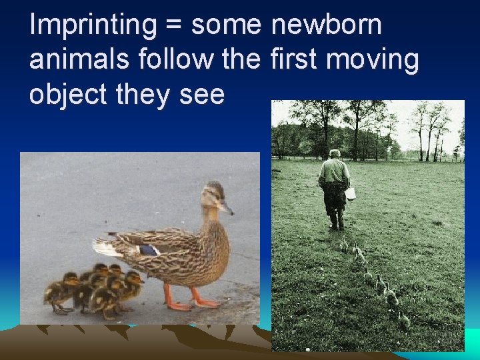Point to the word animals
(80, 60)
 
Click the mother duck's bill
(227, 207)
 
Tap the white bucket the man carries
(350, 193)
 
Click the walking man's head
(334, 154)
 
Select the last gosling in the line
(403, 319)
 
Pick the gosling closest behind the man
(345, 245)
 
